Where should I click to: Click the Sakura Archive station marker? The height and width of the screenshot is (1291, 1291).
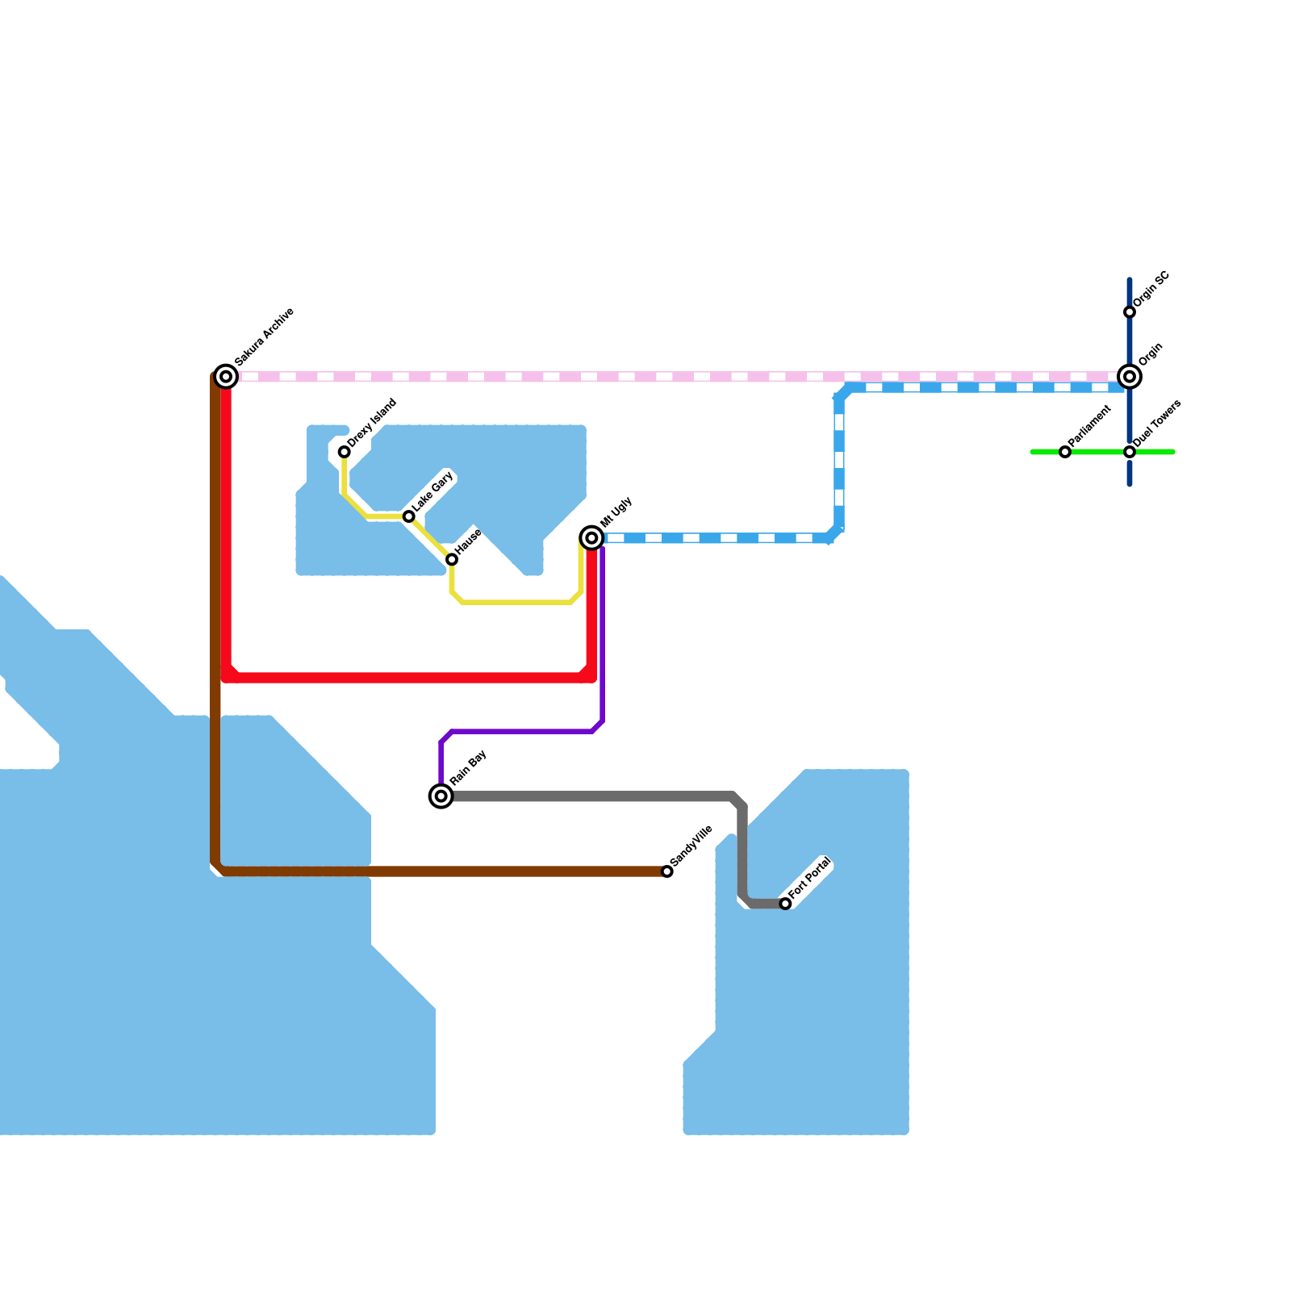click(x=227, y=376)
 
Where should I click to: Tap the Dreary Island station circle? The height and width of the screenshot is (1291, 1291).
click(x=345, y=452)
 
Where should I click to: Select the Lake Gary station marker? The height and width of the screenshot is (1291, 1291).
click(x=409, y=516)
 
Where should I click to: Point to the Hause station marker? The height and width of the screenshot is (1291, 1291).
click(x=452, y=559)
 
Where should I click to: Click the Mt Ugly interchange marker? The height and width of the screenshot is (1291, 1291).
click(x=591, y=537)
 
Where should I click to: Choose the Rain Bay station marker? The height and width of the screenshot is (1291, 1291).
click(x=441, y=796)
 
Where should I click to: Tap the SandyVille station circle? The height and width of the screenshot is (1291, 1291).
click(x=667, y=871)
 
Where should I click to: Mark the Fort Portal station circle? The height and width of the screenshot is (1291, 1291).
click(x=785, y=904)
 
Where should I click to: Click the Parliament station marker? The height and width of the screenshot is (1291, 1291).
click(x=1065, y=452)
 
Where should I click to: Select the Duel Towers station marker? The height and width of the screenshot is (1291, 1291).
click(x=1130, y=452)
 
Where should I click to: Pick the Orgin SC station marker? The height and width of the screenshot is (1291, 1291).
click(x=1130, y=312)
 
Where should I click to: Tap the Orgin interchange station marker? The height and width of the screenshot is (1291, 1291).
click(x=1130, y=376)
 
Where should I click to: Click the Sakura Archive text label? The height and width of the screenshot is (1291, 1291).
click(x=265, y=336)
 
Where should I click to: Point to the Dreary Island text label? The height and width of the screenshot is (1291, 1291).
click(x=372, y=422)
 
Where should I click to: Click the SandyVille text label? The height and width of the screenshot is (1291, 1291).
click(x=691, y=846)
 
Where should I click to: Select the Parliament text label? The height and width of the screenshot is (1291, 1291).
click(x=1091, y=426)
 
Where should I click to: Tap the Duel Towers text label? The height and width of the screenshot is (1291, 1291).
click(x=1157, y=424)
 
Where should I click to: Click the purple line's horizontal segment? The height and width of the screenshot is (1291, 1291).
click(x=524, y=732)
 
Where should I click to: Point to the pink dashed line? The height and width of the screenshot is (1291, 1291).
click(x=645, y=377)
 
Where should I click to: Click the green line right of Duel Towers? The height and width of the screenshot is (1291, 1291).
click(x=1155, y=452)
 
